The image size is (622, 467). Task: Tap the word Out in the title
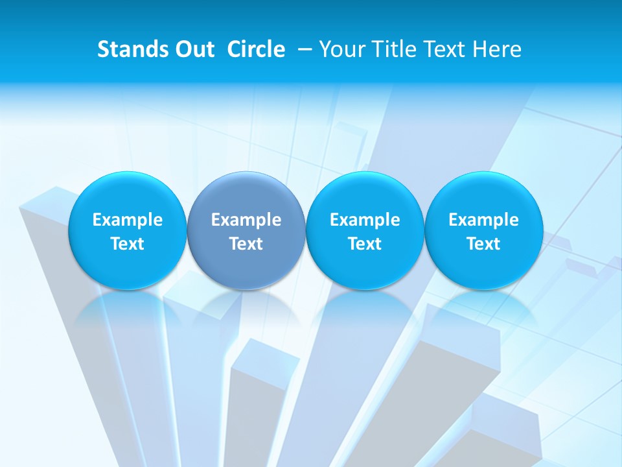[x=192, y=49]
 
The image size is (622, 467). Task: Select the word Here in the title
[x=497, y=49]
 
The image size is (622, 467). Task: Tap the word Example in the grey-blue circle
[x=246, y=220]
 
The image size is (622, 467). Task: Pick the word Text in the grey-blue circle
[x=246, y=244]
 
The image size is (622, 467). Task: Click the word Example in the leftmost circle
[x=128, y=220]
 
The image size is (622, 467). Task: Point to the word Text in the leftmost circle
[x=128, y=244]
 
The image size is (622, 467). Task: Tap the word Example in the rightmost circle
[x=483, y=220]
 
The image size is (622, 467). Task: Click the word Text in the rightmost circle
[x=483, y=244]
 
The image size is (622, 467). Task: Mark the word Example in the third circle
[x=365, y=220]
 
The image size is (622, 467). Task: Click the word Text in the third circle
[x=365, y=244]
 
